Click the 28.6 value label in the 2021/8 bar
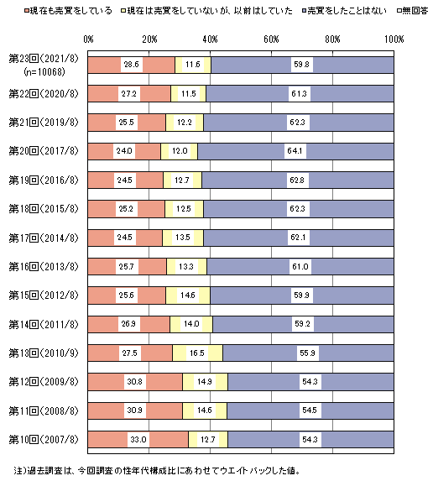click(131, 65)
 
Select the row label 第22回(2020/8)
click(44, 93)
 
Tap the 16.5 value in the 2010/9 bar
click(197, 353)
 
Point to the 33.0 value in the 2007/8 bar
click(138, 440)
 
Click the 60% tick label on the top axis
click(271, 39)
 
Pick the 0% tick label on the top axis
click(88, 39)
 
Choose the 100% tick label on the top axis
click(394, 39)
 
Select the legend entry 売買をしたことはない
click(344, 11)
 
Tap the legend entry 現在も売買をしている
click(68, 11)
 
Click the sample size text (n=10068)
click(44, 72)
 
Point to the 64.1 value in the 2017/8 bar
click(295, 151)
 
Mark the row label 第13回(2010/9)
click(44, 353)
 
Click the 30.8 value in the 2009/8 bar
click(135, 382)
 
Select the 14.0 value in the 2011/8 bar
click(191, 324)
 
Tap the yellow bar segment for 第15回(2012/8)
click(188, 295)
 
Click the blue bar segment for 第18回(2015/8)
click(299, 208)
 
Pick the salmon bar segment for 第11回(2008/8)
click(135, 410)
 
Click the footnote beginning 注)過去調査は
click(157, 470)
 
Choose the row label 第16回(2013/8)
click(44, 267)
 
